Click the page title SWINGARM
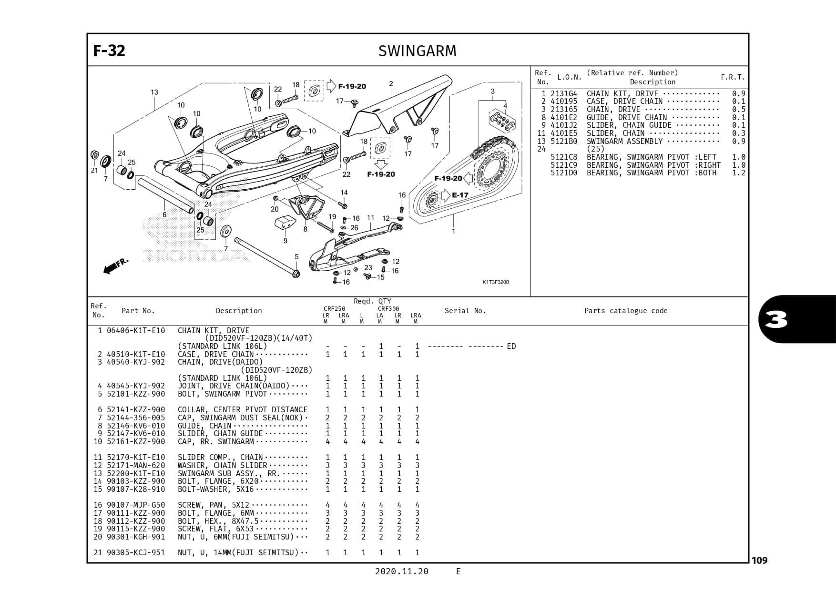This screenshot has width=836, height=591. coord(417,51)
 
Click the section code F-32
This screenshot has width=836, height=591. coord(109,51)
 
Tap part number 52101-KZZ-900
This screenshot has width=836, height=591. coord(136,394)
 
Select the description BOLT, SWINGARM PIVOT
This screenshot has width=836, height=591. coord(222,394)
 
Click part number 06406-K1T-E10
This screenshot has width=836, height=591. coord(136,331)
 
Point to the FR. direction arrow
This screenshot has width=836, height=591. coord(115,266)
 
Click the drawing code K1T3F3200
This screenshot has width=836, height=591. coord(495,282)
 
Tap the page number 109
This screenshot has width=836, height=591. coord(759,560)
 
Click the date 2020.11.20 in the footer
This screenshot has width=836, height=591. coord(401,571)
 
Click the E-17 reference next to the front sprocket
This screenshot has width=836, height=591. coord(460,195)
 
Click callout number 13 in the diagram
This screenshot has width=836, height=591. coord(154,92)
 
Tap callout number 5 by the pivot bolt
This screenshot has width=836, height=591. coord(296,257)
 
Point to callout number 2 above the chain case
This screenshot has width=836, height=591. coord(391,84)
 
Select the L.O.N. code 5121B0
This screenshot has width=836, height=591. coord(563,142)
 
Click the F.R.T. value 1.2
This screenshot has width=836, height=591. coord(738,173)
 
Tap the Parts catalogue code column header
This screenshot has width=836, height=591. coord(625,311)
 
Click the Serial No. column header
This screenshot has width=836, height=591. coord(465,311)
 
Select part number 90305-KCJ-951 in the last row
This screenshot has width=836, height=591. coord(136,553)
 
